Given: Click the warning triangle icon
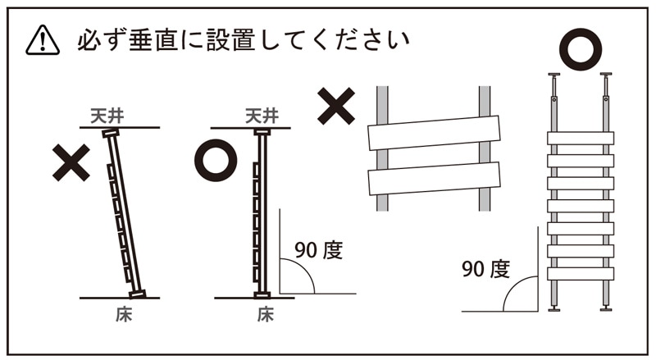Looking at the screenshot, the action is [43, 40].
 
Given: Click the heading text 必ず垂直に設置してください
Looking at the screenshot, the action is [243, 40].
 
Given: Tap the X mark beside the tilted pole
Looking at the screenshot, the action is [71, 162].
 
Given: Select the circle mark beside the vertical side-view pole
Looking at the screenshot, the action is [216, 161].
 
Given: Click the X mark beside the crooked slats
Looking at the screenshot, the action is [336, 106].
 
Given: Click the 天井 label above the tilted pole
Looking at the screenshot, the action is [107, 116].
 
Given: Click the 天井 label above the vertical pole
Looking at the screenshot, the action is [262, 116].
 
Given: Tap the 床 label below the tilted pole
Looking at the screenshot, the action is [124, 315].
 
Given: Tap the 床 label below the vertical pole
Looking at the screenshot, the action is [265, 315].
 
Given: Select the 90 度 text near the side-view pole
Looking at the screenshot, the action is [318, 250].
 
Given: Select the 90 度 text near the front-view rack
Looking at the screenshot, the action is [485, 269].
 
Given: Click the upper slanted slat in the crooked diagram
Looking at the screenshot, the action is [434, 133].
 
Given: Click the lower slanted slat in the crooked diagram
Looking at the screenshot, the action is [434, 179].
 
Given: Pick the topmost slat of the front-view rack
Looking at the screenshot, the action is [581, 138].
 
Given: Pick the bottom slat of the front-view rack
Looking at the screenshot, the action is [581, 273].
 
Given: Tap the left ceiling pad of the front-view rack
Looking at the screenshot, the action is [554, 75].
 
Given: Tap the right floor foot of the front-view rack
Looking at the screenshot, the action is [606, 309].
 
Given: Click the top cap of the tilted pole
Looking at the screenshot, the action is [111, 134].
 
